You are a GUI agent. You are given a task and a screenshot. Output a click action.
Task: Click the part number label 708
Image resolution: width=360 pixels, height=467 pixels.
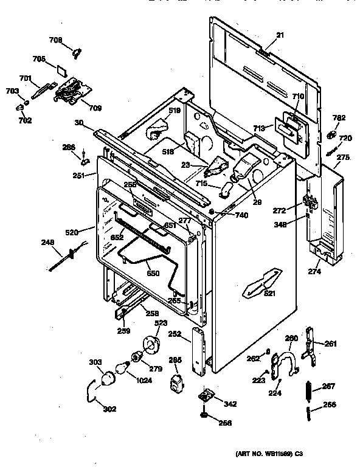coord(55,40)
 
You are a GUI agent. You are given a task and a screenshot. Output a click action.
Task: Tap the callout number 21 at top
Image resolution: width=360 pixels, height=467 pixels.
coord(280,36)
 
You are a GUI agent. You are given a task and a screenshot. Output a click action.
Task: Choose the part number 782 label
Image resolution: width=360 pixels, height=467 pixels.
coord(339,117)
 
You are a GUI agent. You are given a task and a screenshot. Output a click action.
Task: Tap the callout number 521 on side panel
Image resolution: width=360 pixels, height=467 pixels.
coord(269,294)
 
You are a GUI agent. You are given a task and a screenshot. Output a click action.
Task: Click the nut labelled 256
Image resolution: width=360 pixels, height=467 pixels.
coord(202,417)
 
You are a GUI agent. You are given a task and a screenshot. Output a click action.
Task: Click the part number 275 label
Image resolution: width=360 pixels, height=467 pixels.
coord(343,157)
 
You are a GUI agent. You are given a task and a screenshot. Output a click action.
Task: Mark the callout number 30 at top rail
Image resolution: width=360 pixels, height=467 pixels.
coord(79,122)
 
